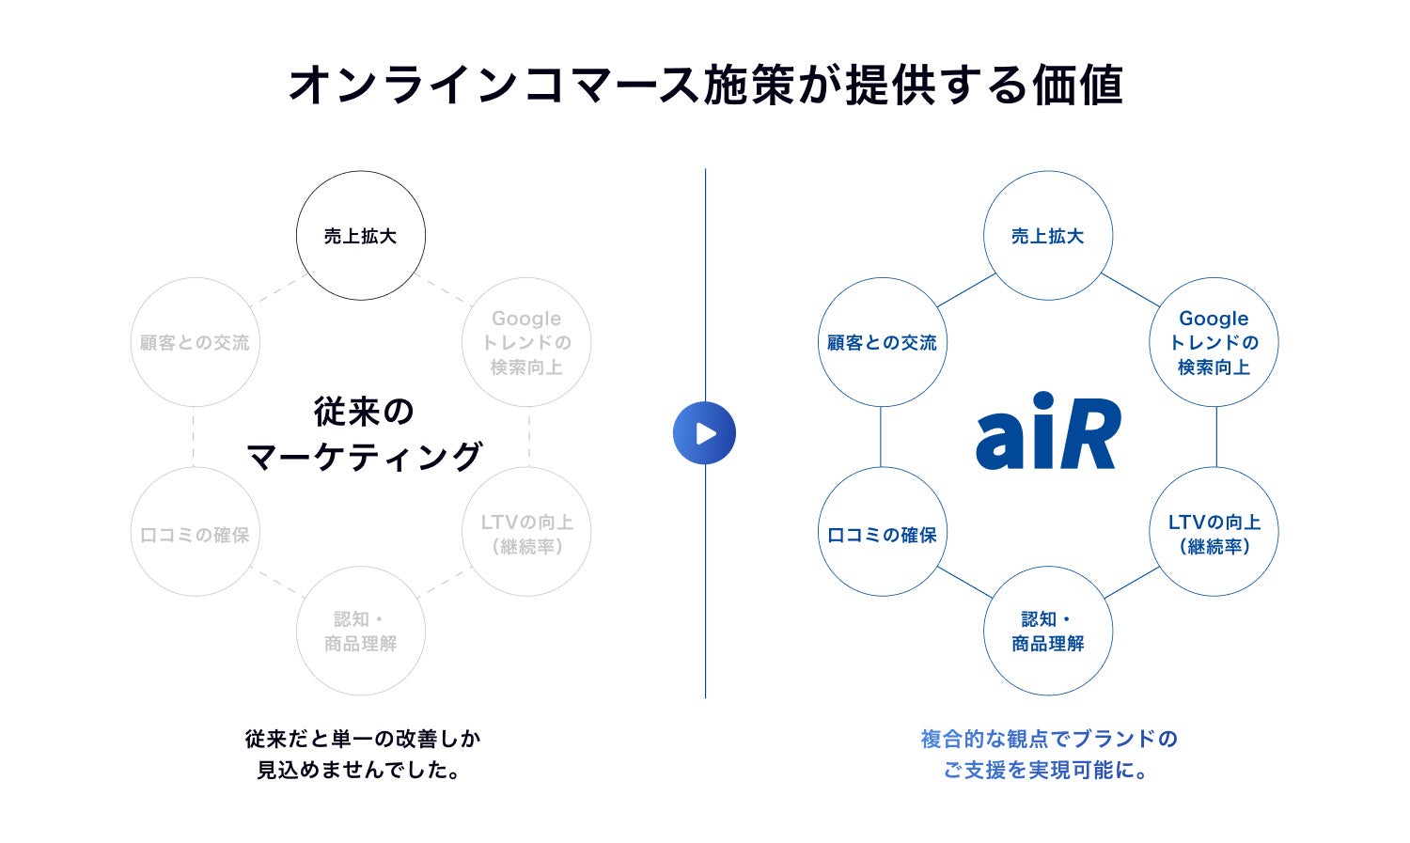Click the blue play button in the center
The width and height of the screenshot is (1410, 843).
click(704, 433)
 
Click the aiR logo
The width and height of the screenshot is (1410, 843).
click(1048, 433)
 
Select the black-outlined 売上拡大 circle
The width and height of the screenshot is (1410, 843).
click(361, 236)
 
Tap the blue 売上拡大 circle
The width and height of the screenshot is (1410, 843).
click(1048, 236)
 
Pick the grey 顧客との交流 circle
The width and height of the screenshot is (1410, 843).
click(195, 342)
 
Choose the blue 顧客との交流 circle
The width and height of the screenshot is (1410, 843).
click(882, 342)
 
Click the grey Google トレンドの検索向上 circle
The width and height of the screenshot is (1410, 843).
click(526, 342)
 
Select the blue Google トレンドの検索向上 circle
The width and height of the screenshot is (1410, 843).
click(1214, 342)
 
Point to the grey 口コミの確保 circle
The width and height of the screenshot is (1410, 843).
click(195, 533)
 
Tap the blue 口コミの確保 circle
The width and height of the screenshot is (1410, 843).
click(882, 533)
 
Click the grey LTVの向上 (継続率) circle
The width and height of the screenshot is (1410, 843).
click(526, 533)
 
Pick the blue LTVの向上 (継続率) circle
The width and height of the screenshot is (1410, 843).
click(1214, 533)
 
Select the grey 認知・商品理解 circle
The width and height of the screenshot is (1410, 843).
click(361, 631)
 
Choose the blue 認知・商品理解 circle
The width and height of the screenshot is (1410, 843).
click(1048, 631)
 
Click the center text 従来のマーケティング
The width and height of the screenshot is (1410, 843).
click(363, 433)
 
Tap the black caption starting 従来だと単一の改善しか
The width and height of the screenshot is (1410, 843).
click(362, 754)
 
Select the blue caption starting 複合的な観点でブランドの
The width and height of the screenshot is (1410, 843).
click(1048, 754)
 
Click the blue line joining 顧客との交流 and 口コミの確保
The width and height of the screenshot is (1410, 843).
click(881, 437)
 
